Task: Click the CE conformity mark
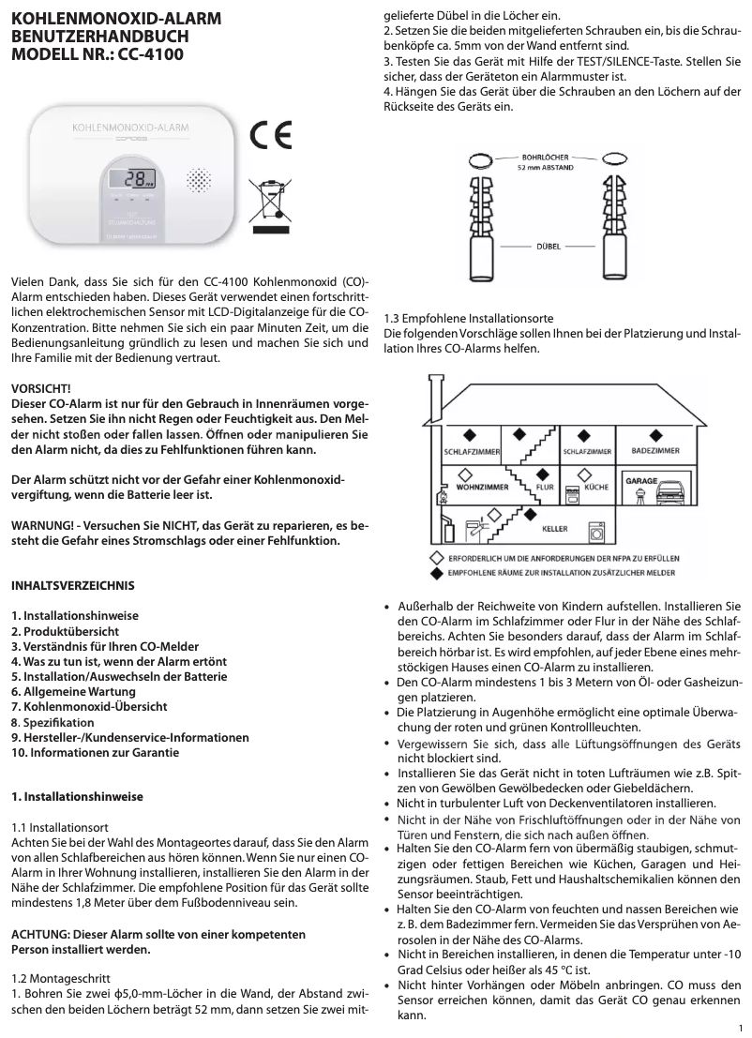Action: pos(271,137)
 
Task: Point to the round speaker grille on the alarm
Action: pos(199,179)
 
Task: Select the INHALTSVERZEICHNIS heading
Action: pos(72,585)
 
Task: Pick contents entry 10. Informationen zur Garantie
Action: pos(95,752)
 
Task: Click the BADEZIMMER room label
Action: pos(655,451)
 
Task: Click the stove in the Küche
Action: pos(596,506)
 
